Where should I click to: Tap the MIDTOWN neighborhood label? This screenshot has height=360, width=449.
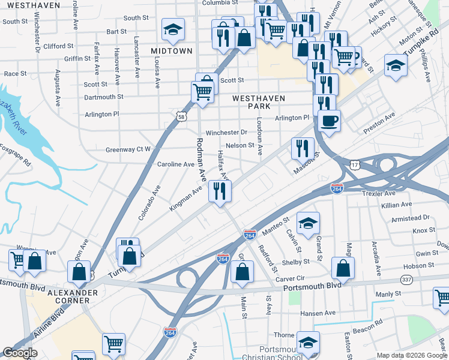click(172, 51)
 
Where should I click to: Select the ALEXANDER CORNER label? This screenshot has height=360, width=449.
click(73, 296)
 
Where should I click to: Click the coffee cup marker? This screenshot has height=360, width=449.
click(329, 121)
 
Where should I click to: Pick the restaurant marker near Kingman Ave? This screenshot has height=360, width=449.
click(220, 191)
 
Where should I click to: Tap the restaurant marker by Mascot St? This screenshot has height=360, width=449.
click(303, 148)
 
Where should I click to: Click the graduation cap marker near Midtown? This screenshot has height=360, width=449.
click(173, 29)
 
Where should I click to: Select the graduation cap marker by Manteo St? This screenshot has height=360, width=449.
click(308, 224)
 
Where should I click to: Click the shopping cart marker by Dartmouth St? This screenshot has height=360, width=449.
click(202, 92)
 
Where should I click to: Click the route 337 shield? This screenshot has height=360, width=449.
click(406, 280)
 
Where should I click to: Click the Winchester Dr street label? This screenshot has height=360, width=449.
click(226, 132)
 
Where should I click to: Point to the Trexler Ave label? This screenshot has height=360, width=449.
click(379, 194)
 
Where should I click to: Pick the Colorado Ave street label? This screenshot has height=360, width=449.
click(149, 202)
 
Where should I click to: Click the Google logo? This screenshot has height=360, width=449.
click(20, 353)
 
